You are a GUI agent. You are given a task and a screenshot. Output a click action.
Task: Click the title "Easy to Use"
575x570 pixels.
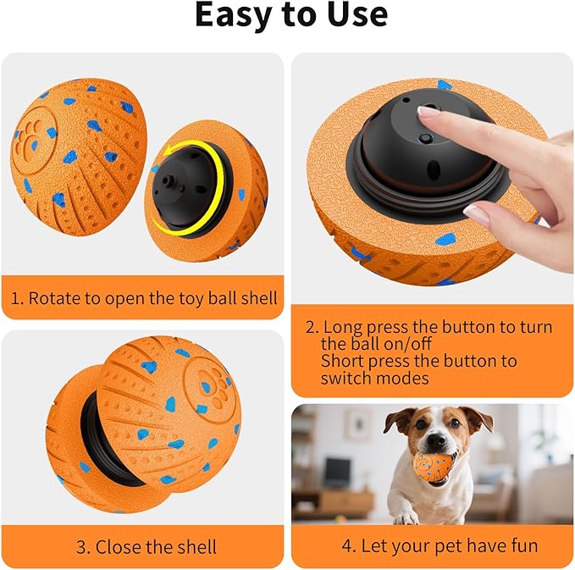[290, 15]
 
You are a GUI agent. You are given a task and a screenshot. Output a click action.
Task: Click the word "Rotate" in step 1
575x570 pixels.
[52, 298]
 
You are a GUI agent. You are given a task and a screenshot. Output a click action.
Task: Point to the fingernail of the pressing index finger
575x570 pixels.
[429, 112]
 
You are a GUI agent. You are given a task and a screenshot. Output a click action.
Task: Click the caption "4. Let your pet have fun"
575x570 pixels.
[438, 545]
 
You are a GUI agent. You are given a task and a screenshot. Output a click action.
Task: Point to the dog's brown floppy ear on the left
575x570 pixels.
[399, 420]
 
